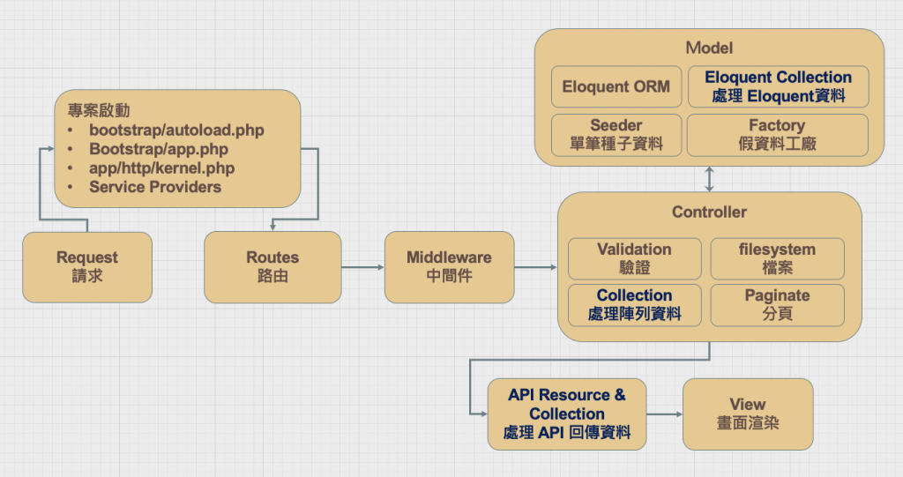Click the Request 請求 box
(87, 266)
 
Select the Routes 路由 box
(272, 266)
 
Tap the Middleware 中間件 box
(449, 266)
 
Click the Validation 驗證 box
(634, 258)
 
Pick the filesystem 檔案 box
(777, 258)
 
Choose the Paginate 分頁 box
(777, 304)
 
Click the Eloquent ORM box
(616, 86)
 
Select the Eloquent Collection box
(778, 86)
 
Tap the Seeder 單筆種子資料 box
(616, 135)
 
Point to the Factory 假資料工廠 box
(777, 135)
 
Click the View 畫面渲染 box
(748, 414)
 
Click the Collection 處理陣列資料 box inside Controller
(634, 304)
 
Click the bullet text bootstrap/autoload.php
(176, 130)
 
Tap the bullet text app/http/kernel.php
(162, 168)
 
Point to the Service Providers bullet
(155, 187)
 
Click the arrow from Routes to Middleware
(362, 266)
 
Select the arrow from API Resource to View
(664, 414)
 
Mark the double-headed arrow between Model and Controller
(710, 178)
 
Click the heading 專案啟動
(99, 110)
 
